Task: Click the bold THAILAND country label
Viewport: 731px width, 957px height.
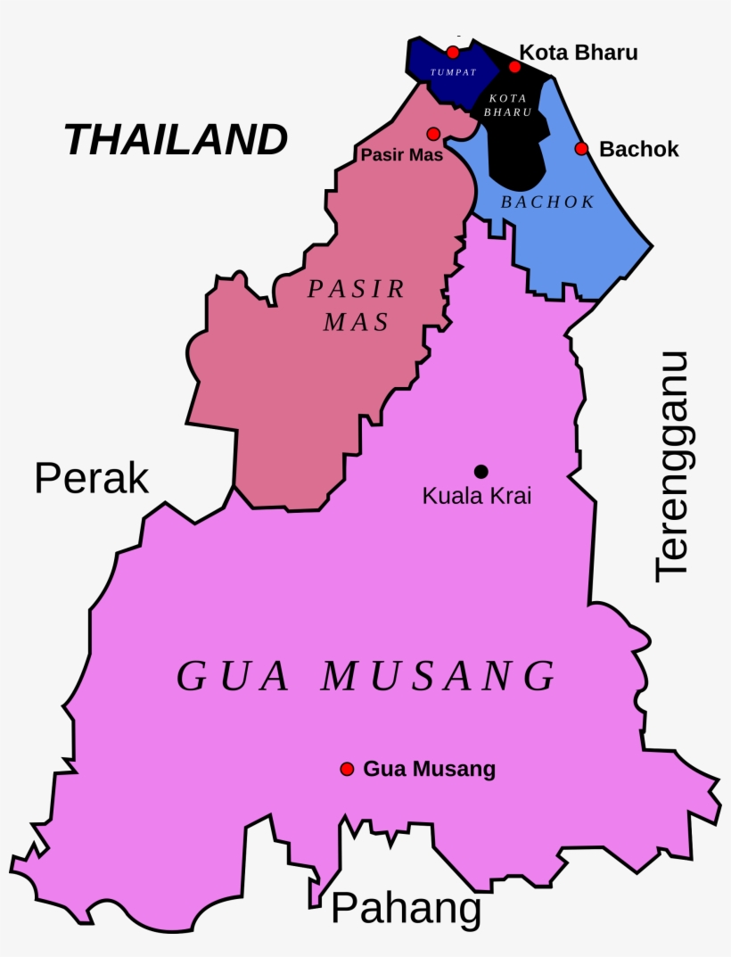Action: (177, 140)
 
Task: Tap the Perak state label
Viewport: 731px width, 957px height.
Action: (91, 479)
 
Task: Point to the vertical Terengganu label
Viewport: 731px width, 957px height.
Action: (672, 466)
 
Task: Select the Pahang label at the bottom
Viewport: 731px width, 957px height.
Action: (406, 909)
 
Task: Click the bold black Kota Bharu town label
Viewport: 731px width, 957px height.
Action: (579, 53)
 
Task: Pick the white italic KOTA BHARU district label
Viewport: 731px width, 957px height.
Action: (507, 105)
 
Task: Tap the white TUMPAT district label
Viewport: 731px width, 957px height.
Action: (453, 72)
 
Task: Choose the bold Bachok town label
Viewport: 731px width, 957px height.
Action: (639, 149)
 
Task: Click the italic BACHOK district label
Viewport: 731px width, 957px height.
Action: (547, 202)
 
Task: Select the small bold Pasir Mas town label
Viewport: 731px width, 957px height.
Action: (402, 154)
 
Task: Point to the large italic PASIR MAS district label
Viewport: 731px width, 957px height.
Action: (357, 305)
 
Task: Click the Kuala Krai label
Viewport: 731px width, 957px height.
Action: (477, 496)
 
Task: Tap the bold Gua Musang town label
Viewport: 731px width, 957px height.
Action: (430, 769)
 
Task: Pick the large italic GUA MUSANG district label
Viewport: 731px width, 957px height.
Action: (366, 676)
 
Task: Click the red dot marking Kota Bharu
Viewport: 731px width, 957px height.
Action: (514, 67)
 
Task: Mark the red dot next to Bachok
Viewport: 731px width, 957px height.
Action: (581, 148)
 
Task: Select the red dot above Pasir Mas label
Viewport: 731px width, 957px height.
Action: (433, 134)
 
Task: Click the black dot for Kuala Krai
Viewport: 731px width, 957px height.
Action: (481, 471)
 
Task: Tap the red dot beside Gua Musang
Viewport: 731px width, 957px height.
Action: (347, 769)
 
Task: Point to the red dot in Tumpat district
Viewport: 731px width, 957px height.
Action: (453, 52)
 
